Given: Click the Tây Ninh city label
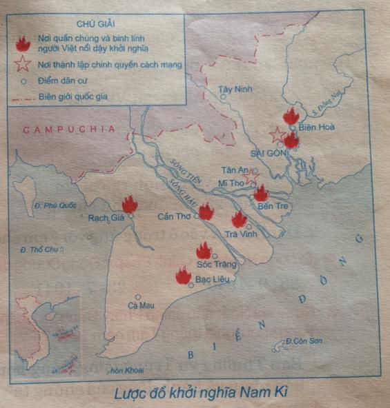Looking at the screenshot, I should point(231,89).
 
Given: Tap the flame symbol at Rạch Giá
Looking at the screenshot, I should point(130,204).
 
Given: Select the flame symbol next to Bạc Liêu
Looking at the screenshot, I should point(183,276).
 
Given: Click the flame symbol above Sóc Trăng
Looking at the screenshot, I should point(204,251).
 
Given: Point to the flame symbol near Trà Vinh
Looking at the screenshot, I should point(239,219).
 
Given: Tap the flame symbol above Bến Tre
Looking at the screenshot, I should point(261,193).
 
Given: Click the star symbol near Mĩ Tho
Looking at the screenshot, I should point(251,177).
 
